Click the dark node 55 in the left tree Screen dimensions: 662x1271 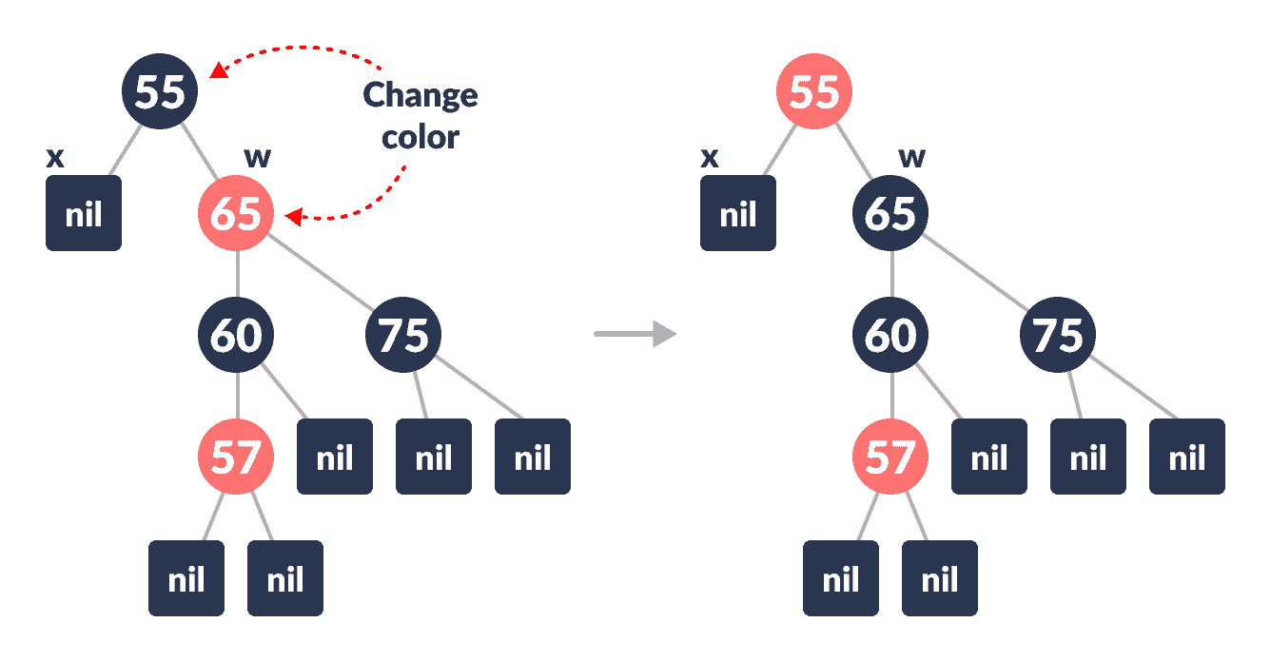click(x=160, y=91)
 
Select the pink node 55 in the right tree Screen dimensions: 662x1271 click(x=814, y=91)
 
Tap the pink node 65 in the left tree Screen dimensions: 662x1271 click(x=236, y=213)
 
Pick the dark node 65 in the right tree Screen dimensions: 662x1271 click(x=890, y=213)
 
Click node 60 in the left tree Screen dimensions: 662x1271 click(x=236, y=335)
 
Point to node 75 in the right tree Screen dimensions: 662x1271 click(x=1058, y=335)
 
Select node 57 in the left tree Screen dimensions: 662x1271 click(x=236, y=458)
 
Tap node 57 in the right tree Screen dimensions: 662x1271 click(x=890, y=458)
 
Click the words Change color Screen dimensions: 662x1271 click(x=420, y=116)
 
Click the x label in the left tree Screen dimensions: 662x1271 click(x=55, y=157)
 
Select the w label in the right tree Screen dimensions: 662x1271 click(x=911, y=157)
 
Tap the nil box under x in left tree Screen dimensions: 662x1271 click(x=84, y=213)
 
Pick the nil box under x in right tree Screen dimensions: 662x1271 click(x=738, y=213)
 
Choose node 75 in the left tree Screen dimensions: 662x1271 click(x=403, y=335)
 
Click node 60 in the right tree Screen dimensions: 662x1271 click(x=890, y=335)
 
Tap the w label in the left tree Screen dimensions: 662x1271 click(x=257, y=157)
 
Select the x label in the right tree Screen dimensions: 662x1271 click(x=710, y=157)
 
